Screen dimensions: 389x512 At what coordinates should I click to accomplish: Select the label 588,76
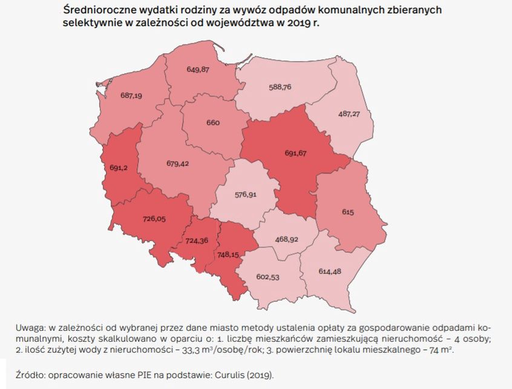coord(280,87)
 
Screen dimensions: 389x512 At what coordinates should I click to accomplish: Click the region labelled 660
coord(212,122)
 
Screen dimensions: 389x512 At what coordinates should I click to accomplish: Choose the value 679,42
coord(178,163)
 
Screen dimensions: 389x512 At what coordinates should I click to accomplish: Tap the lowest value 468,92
coord(285,239)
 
